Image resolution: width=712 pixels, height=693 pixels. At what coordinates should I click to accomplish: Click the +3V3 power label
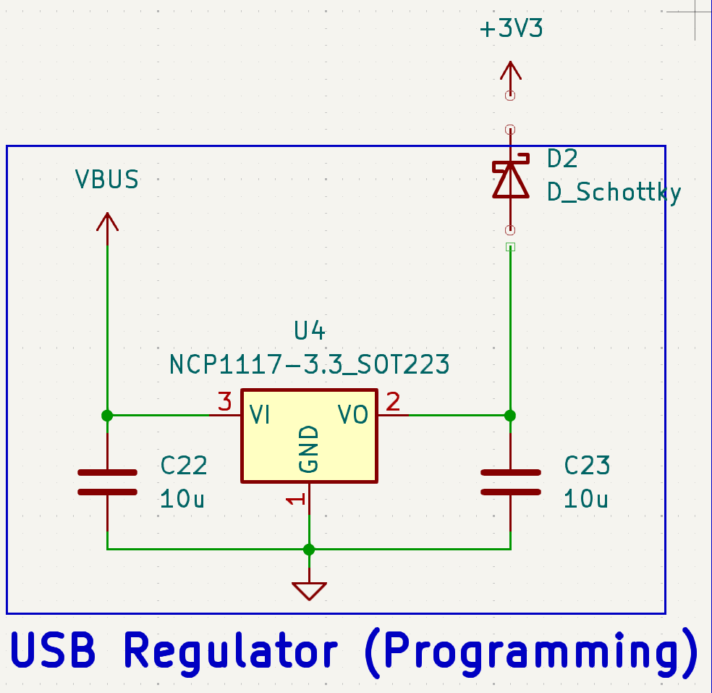tap(511, 30)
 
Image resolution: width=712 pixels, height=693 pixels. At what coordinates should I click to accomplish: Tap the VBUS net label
tap(107, 179)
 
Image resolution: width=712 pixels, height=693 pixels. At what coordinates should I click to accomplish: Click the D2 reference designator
tap(562, 159)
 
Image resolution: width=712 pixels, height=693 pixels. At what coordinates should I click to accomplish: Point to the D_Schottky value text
tap(614, 193)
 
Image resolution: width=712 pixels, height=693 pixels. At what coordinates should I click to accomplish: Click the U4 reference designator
tap(310, 332)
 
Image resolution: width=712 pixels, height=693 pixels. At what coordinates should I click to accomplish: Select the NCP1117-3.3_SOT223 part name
tap(310, 364)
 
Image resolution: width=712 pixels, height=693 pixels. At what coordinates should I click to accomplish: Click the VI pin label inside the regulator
tap(260, 415)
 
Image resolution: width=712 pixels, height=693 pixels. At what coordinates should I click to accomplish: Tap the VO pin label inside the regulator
tap(353, 415)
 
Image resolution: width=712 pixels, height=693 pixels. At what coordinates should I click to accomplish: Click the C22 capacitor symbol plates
tap(107, 482)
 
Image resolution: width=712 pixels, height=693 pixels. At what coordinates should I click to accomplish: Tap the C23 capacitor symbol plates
tap(511, 482)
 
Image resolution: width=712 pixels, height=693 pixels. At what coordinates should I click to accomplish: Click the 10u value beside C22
tap(182, 499)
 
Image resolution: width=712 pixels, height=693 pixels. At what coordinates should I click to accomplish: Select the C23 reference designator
tap(587, 465)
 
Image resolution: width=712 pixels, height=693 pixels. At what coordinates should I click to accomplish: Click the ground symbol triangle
tap(310, 591)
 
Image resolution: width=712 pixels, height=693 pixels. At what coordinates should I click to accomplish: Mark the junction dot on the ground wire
tap(310, 549)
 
